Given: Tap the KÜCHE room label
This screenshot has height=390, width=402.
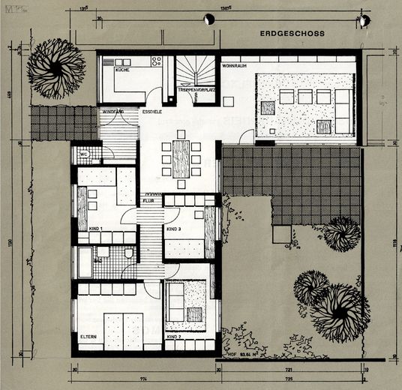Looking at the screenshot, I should tap(121, 69).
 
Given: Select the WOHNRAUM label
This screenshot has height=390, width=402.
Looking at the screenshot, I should tap(233, 67).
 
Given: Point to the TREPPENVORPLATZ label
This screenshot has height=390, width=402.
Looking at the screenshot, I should tap(198, 90).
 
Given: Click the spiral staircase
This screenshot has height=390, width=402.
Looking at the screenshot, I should tap(197, 72).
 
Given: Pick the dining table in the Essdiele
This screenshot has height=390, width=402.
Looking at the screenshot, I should tap(181, 158).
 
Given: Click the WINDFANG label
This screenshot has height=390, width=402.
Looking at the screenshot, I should tap(112, 112).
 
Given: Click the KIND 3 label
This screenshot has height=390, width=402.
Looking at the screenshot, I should tap(174, 228).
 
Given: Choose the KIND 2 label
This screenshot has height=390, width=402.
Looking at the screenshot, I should tap(174, 337).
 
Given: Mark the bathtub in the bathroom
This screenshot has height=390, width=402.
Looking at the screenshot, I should tap(85, 263).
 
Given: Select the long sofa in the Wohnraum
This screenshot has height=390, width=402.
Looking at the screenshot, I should tap(315, 96).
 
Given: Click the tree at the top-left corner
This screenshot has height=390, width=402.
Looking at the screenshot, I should tap(55, 67).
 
